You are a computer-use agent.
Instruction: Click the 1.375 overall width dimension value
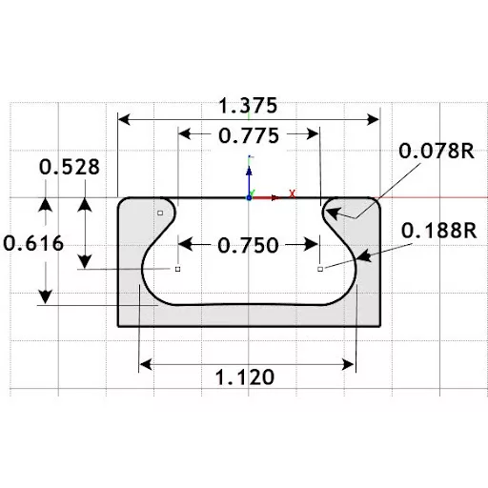click(248, 104)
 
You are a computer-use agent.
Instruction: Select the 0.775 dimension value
click(248, 135)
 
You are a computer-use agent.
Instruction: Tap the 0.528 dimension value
click(69, 168)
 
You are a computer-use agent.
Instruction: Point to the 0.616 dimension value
click(33, 243)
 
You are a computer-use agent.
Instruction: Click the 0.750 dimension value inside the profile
click(248, 245)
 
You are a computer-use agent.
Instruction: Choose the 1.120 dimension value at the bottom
click(245, 376)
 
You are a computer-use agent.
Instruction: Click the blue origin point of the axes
click(249, 197)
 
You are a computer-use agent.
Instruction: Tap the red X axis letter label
click(292, 193)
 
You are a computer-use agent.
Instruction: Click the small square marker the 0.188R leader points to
click(320, 270)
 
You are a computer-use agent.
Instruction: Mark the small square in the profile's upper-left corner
click(160, 213)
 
